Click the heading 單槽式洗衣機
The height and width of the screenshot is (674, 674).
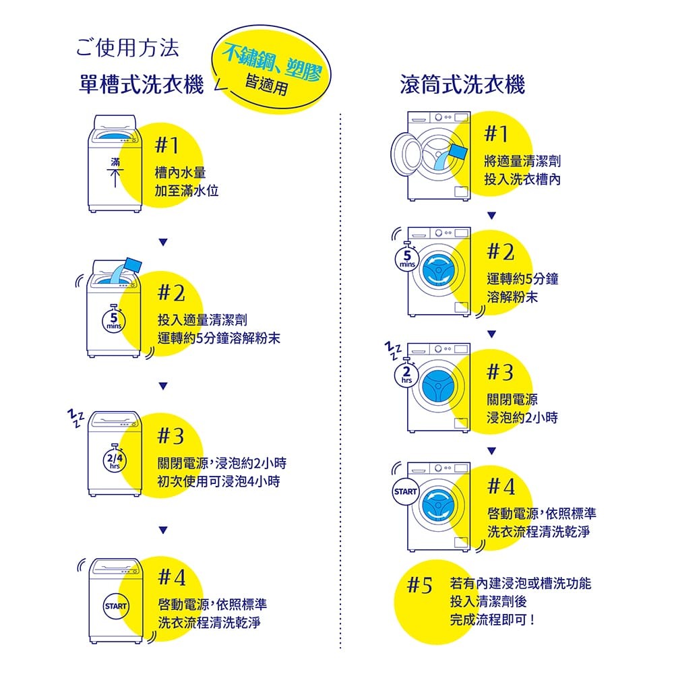(x=141, y=85)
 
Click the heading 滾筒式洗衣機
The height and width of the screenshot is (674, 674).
(x=462, y=85)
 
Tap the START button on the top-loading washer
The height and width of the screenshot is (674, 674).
(x=115, y=604)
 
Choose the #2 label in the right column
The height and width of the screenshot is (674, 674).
(x=501, y=252)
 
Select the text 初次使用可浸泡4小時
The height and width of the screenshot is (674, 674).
(x=218, y=482)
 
